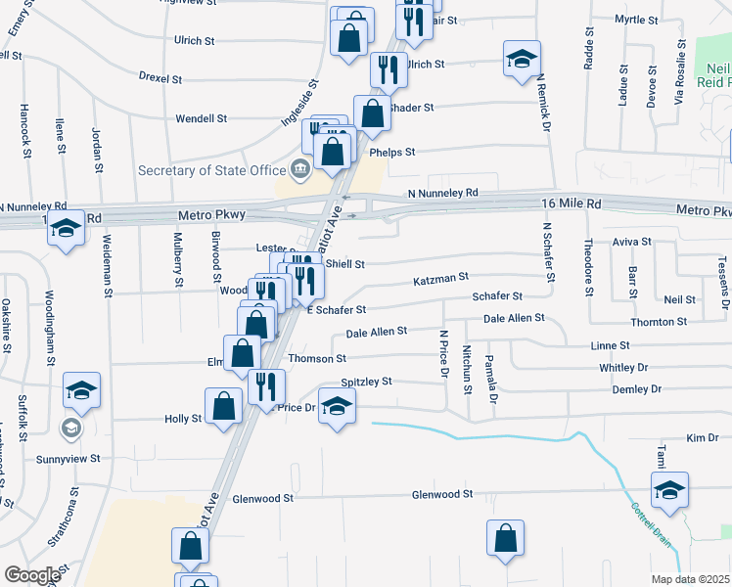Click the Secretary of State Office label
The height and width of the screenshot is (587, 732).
coord(220,170)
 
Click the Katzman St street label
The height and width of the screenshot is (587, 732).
coord(441,278)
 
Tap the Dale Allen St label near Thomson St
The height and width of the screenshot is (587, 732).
coord(377,333)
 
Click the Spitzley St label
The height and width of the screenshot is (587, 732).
coord(366,382)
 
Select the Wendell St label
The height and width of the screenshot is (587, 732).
coord(202,118)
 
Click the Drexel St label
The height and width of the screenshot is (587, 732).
coord(161,76)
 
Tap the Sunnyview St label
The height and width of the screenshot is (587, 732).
coord(69,458)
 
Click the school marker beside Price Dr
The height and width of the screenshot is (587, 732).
coord(337,407)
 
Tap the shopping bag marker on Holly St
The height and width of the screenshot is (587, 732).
coord(224,406)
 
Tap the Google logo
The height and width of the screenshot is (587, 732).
coord(32,575)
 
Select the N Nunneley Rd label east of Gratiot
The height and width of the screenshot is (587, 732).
coord(443,193)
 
